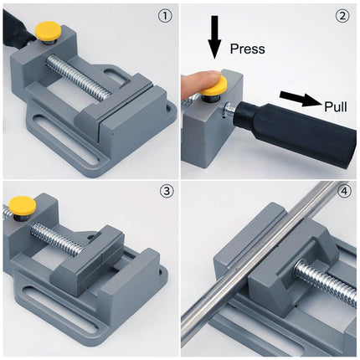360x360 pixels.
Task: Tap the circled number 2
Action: tap(342, 15)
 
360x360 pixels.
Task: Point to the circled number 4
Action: tap(342, 192)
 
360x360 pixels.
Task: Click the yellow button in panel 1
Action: tap(46, 33)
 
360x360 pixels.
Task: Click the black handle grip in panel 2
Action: tap(289, 134)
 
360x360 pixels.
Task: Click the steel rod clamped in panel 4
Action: tap(251, 251)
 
